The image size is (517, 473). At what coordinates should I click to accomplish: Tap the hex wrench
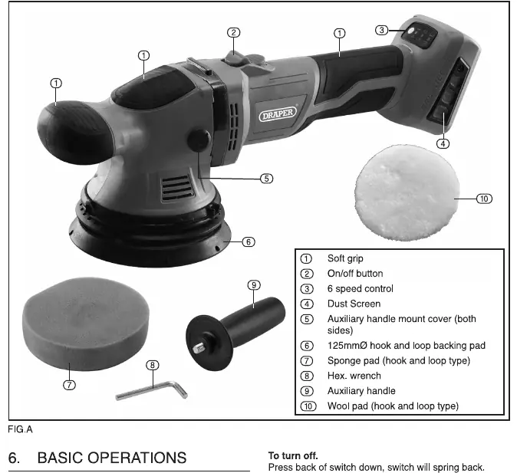[152, 391]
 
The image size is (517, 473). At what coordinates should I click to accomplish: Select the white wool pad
[407, 192]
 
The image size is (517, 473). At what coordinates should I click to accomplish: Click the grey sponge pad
[86, 324]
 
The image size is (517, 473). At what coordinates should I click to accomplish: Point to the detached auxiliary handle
[235, 332]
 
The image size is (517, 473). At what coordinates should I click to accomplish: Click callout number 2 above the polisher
[234, 33]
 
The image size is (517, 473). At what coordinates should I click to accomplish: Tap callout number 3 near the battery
[381, 31]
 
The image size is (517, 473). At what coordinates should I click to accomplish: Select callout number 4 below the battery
[443, 143]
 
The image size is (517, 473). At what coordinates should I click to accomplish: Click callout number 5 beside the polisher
[267, 179]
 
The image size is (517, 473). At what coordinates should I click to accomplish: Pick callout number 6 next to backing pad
[249, 242]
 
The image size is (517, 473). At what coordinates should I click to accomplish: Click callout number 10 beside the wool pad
[484, 199]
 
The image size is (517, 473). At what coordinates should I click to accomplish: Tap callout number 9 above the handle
[254, 285]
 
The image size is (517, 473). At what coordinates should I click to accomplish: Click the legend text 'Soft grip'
[345, 258]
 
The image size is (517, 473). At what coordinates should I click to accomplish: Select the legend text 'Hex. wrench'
[354, 376]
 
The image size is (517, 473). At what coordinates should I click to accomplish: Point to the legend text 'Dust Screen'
[354, 304]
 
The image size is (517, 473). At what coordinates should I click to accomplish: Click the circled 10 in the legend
[308, 406]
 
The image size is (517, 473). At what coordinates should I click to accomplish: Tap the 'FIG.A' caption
[20, 429]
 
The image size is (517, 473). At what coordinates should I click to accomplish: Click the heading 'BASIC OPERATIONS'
[112, 458]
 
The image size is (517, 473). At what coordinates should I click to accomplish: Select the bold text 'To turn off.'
[293, 456]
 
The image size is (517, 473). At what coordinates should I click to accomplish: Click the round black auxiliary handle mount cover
[199, 141]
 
